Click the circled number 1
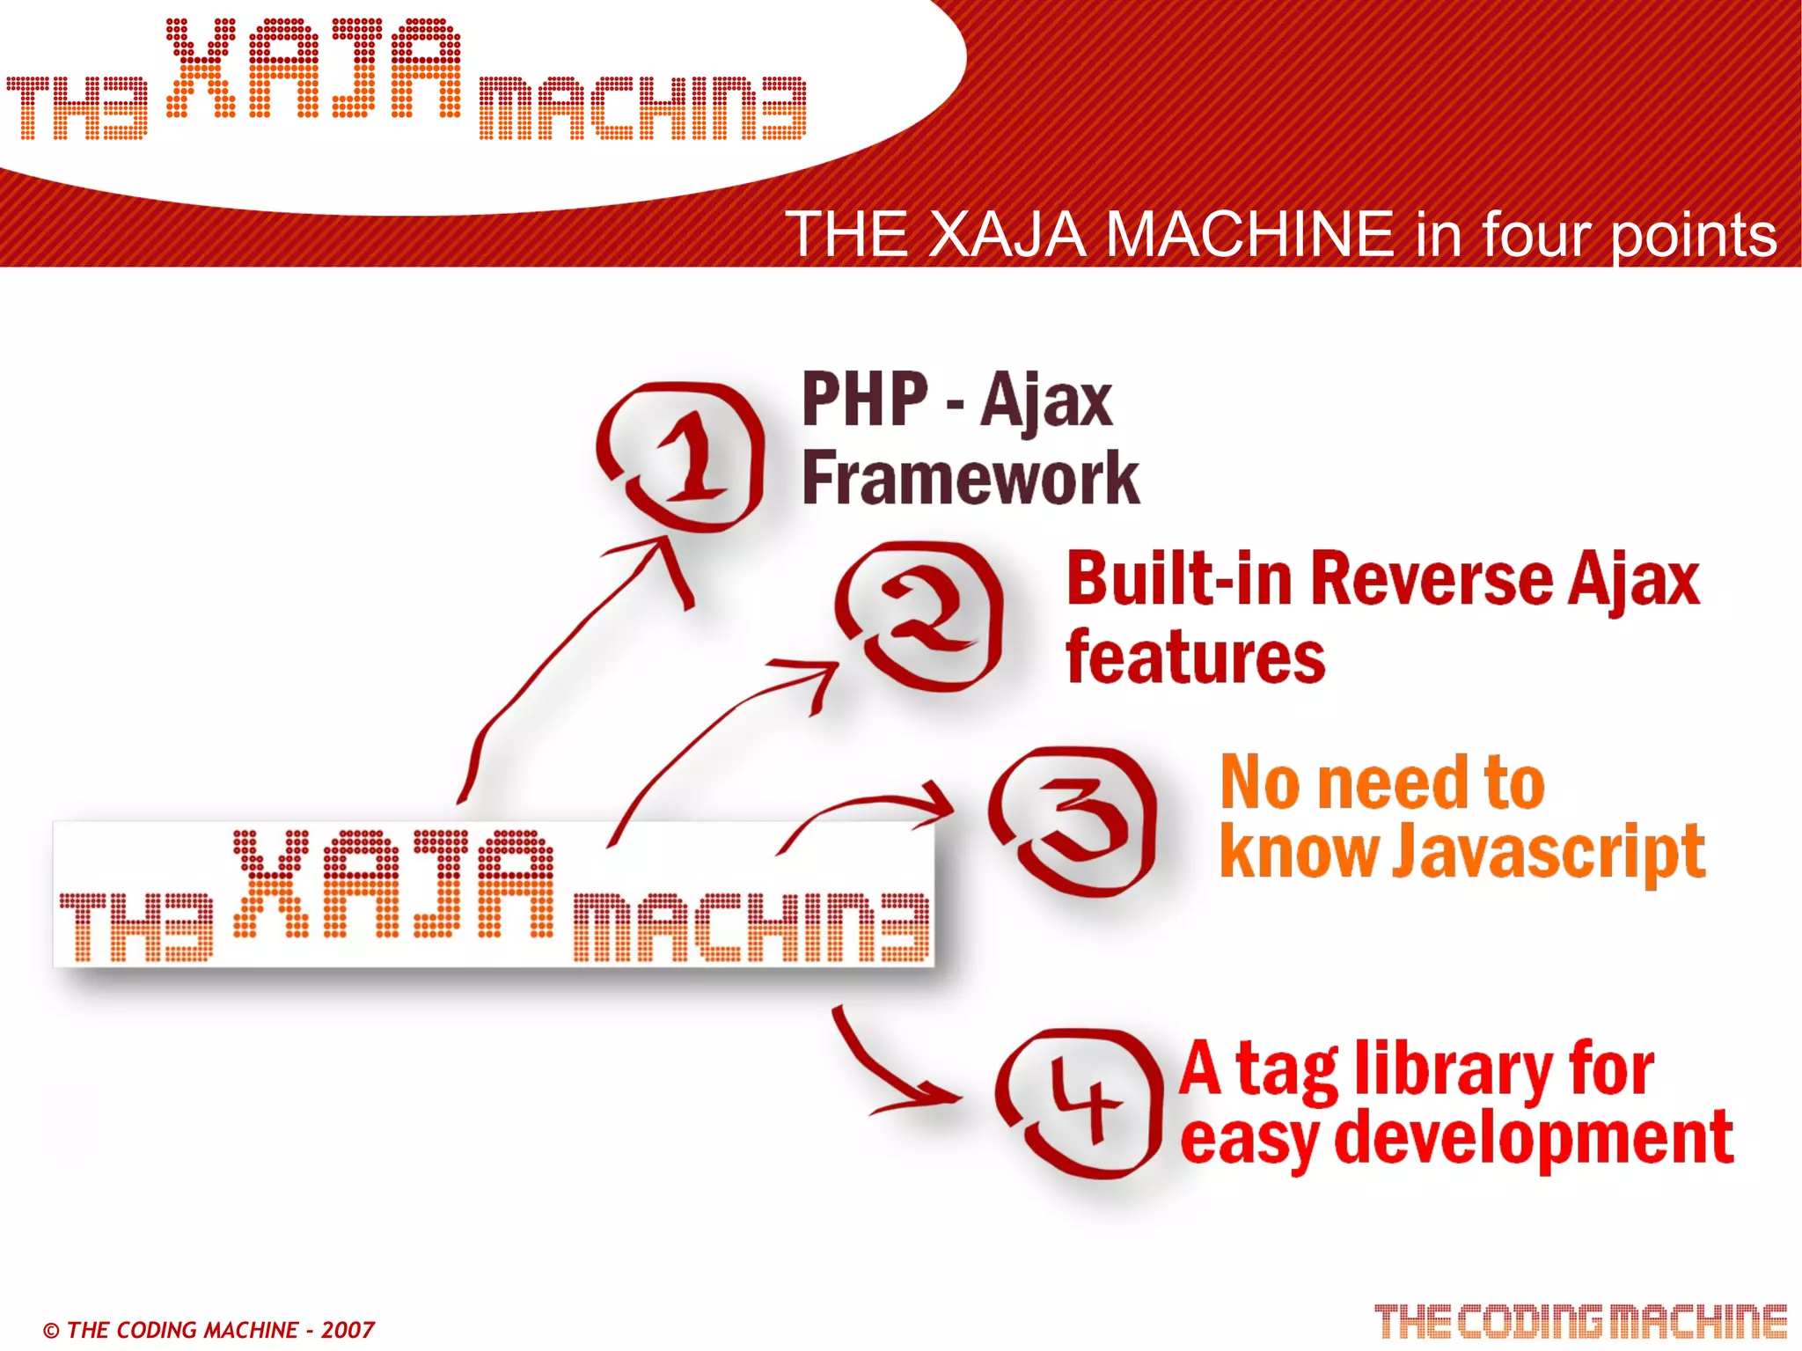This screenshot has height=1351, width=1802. click(x=682, y=457)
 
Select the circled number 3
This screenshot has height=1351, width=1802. click(x=1073, y=820)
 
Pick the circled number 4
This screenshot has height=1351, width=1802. click(x=1078, y=1103)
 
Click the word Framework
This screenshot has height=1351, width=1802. click(x=971, y=478)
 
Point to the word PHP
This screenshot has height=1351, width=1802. click(x=865, y=400)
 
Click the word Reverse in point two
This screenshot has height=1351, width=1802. click(x=1432, y=580)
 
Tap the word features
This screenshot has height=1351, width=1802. click(x=1195, y=657)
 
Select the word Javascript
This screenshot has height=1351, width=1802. click(x=1549, y=852)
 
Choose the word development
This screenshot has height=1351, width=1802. click(x=1534, y=1138)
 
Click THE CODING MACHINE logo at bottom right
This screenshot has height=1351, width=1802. click(x=1580, y=1322)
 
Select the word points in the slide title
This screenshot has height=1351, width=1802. click(x=1694, y=235)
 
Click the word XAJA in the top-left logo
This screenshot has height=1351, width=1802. click(x=313, y=69)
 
